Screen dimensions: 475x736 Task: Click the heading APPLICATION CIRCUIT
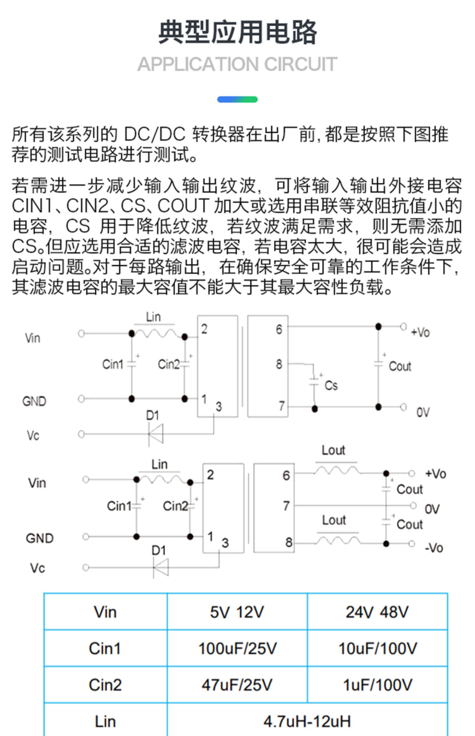click(237, 64)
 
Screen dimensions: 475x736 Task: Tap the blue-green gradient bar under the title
click(237, 100)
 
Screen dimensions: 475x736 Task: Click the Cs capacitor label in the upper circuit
click(331, 385)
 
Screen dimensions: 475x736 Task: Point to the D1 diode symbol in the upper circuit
click(156, 433)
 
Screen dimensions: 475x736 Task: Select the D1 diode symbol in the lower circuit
click(161, 567)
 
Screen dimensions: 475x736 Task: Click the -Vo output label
click(434, 548)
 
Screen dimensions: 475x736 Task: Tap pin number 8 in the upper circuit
click(279, 364)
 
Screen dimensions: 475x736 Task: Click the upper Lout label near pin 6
click(333, 450)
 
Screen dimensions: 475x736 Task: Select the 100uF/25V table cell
click(237, 648)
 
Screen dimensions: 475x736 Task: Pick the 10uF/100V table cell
click(377, 648)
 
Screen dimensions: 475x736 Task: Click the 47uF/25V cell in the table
click(237, 685)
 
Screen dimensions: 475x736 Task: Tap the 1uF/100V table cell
click(377, 685)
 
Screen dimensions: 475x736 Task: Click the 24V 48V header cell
click(377, 612)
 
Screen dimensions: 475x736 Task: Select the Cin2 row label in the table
click(105, 685)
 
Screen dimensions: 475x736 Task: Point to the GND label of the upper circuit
click(34, 401)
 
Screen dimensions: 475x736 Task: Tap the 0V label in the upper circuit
click(423, 412)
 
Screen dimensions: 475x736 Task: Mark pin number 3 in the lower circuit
click(225, 543)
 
